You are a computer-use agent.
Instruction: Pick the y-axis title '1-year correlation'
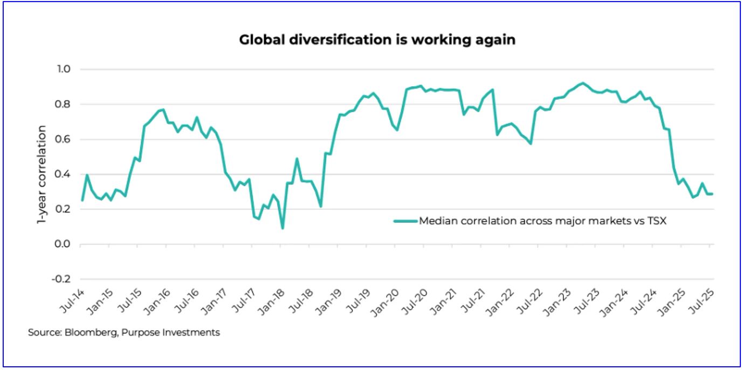click(42, 174)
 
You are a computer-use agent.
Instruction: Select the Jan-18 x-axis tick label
click(274, 299)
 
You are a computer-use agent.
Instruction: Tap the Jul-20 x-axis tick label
click(417, 299)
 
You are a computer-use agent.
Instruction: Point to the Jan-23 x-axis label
click(560, 299)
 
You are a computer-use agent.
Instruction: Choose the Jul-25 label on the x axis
click(703, 299)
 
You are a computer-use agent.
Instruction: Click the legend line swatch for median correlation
click(405, 221)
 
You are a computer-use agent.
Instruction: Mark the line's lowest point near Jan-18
click(282, 228)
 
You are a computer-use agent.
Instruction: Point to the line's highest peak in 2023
click(582, 83)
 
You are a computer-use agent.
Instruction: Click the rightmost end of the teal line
click(713, 194)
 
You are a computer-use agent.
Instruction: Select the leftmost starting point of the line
click(82, 201)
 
